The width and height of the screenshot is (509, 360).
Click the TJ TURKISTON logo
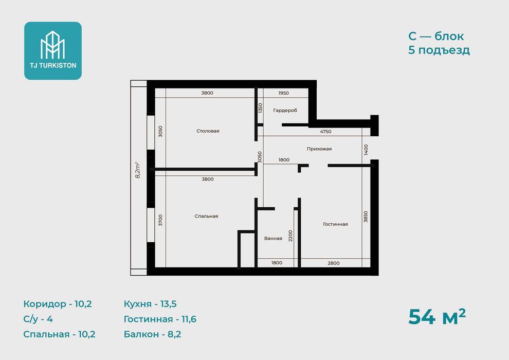[53, 50]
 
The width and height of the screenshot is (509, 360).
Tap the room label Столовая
[208, 131]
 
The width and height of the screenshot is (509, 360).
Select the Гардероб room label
[285, 111]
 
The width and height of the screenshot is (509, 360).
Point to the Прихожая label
[319, 149]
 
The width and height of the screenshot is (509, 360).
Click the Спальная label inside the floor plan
[207, 216]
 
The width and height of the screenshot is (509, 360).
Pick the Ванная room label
[273, 238]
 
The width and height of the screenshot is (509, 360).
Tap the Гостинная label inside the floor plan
[335, 224]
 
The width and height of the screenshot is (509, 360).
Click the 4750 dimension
[325, 132]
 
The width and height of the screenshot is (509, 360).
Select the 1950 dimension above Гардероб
[283, 93]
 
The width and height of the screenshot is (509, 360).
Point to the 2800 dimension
[333, 263]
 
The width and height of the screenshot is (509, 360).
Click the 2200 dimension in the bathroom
[290, 236]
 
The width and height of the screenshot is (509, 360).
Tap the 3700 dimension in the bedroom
[160, 221]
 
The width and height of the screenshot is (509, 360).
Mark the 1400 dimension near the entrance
[366, 150]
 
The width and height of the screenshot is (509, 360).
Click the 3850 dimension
[366, 217]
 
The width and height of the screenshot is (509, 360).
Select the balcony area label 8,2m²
[137, 170]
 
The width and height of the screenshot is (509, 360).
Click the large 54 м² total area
[437, 317]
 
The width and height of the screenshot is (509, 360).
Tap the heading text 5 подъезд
[439, 50]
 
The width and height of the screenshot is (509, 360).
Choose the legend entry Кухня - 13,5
[150, 304]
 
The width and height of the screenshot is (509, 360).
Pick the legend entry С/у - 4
[38, 319]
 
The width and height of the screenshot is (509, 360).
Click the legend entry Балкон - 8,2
[152, 334]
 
